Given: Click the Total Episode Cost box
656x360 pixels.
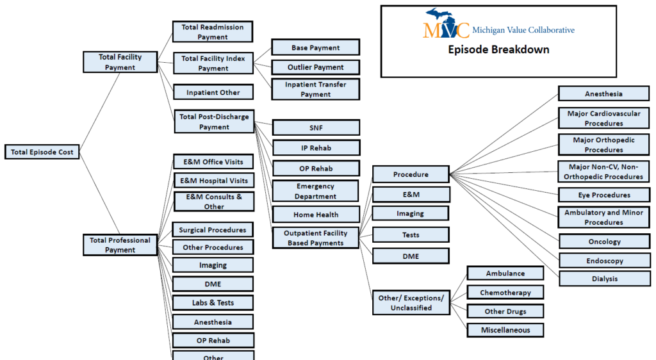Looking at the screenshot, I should [x=42, y=152].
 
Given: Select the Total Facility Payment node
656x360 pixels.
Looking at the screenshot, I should [x=120, y=62].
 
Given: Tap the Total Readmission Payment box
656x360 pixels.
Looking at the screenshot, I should [x=213, y=32].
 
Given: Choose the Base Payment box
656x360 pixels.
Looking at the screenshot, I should [x=315, y=47].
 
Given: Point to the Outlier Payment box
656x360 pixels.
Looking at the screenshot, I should [x=315, y=67].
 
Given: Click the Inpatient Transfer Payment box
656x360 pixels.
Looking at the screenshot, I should [x=316, y=89].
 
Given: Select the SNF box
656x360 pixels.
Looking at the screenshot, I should [x=316, y=127].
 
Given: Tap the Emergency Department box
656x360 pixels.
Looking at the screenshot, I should [x=316, y=192].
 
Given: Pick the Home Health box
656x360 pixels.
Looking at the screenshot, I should [x=316, y=215].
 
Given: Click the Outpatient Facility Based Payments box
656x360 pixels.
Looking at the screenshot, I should [x=316, y=238].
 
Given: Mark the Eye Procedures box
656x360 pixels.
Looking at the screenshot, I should [x=604, y=195].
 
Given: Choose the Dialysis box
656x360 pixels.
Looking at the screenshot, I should [x=604, y=279].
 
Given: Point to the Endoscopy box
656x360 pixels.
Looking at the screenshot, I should [x=604, y=261].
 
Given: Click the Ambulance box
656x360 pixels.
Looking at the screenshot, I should [x=505, y=274].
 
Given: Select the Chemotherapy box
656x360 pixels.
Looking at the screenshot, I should [x=505, y=293].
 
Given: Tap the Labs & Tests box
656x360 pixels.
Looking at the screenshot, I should [x=213, y=303].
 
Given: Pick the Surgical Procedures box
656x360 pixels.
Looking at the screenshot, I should [x=213, y=229].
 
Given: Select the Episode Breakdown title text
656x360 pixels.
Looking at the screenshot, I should [x=498, y=50].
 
